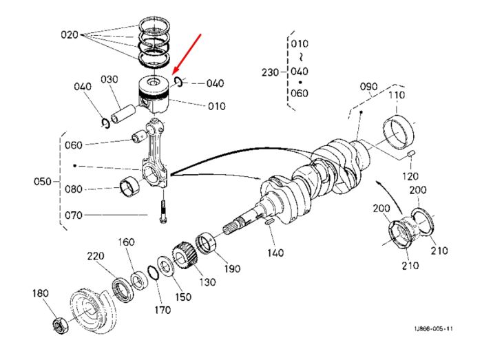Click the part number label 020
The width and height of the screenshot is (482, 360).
click(x=70, y=34)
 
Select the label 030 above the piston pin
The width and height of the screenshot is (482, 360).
click(x=109, y=80)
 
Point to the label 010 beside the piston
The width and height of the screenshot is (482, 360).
click(x=217, y=106)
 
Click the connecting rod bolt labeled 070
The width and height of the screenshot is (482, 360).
click(x=163, y=211)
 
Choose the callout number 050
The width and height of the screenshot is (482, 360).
click(x=43, y=182)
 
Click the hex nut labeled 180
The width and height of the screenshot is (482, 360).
click(x=59, y=326)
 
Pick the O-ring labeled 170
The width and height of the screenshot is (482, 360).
click(x=152, y=273)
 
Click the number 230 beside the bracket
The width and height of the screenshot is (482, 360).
click(x=270, y=73)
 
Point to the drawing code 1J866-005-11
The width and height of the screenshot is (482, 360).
click(x=433, y=328)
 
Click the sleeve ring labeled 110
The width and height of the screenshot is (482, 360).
click(x=398, y=132)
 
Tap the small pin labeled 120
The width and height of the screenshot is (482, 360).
click(x=411, y=153)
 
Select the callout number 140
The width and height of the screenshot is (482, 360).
click(x=275, y=253)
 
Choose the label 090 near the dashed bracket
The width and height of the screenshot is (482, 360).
click(x=368, y=87)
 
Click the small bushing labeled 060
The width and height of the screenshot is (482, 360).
click(x=139, y=137)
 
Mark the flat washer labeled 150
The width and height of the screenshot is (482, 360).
click(x=166, y=266)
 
